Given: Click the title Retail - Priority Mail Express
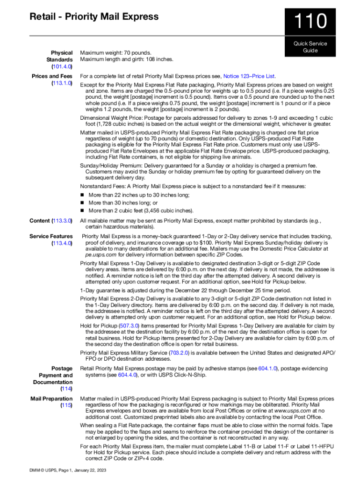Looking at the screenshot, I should [x=94, y=17].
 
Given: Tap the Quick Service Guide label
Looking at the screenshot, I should [x=310, y=47].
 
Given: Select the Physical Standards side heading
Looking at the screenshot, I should [x=59, y=56].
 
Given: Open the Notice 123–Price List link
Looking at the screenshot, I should [x=249, y=76].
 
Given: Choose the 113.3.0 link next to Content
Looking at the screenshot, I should [x=62, y=220].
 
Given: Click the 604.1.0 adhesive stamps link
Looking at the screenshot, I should [x=267, y=369].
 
